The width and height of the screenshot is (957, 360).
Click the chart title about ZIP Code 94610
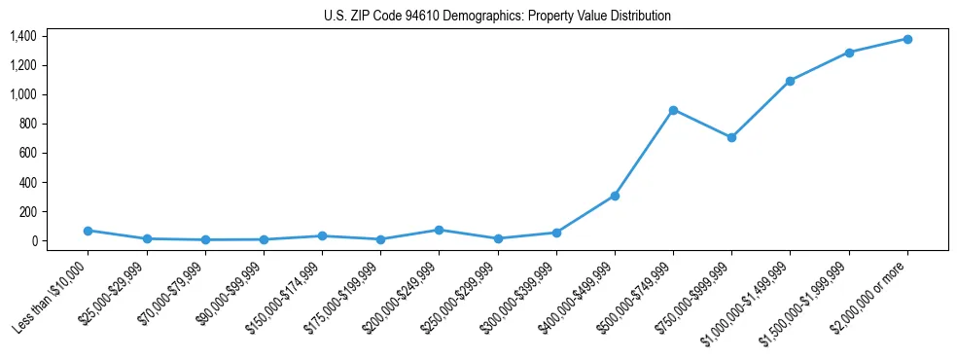tap(497, 17)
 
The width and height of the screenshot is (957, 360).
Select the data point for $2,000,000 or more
tap(907, 39)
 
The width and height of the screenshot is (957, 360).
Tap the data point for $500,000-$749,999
tap(673, 110)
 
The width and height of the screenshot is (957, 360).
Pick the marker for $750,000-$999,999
tap(731, 137)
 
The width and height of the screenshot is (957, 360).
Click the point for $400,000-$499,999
tap(615, 196)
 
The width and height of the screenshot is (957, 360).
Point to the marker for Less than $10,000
tap(88, 231)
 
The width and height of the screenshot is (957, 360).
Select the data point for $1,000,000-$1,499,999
tap(790, 81)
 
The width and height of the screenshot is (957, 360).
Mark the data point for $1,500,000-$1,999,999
tap(849, 53)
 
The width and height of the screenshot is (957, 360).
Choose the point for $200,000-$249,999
tap(439, 230)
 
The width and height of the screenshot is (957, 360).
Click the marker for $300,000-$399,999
tap(556, 233)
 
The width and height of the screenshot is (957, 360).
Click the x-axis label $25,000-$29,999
tap(112, 296)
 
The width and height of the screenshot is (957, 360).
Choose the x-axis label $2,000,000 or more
tap(872, 296)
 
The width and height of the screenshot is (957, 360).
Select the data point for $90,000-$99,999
tap(264, 239)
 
